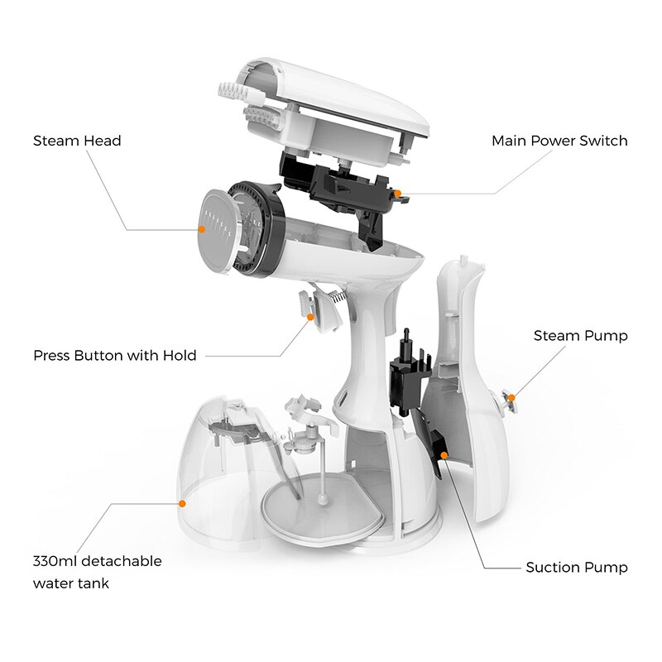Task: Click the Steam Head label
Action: [77, 141]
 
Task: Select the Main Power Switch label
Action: [559, 141]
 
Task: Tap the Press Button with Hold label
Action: [115, 356]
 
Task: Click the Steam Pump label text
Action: [580, 335]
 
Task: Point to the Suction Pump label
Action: [577, 568]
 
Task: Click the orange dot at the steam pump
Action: [511, 398]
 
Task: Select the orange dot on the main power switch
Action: [398, 193]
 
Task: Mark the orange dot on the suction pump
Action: [444, 455]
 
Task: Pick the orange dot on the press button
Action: [311, 316]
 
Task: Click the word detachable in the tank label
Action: [124, 561]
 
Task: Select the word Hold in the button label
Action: [180, 356]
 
